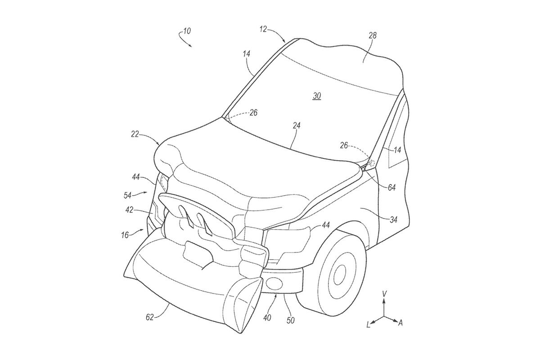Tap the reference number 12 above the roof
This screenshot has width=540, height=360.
(263, 29)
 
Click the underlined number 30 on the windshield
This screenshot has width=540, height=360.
(317, 96)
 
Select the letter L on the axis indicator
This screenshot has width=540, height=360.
(368, 324)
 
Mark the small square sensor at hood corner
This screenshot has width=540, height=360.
(371, 162)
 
